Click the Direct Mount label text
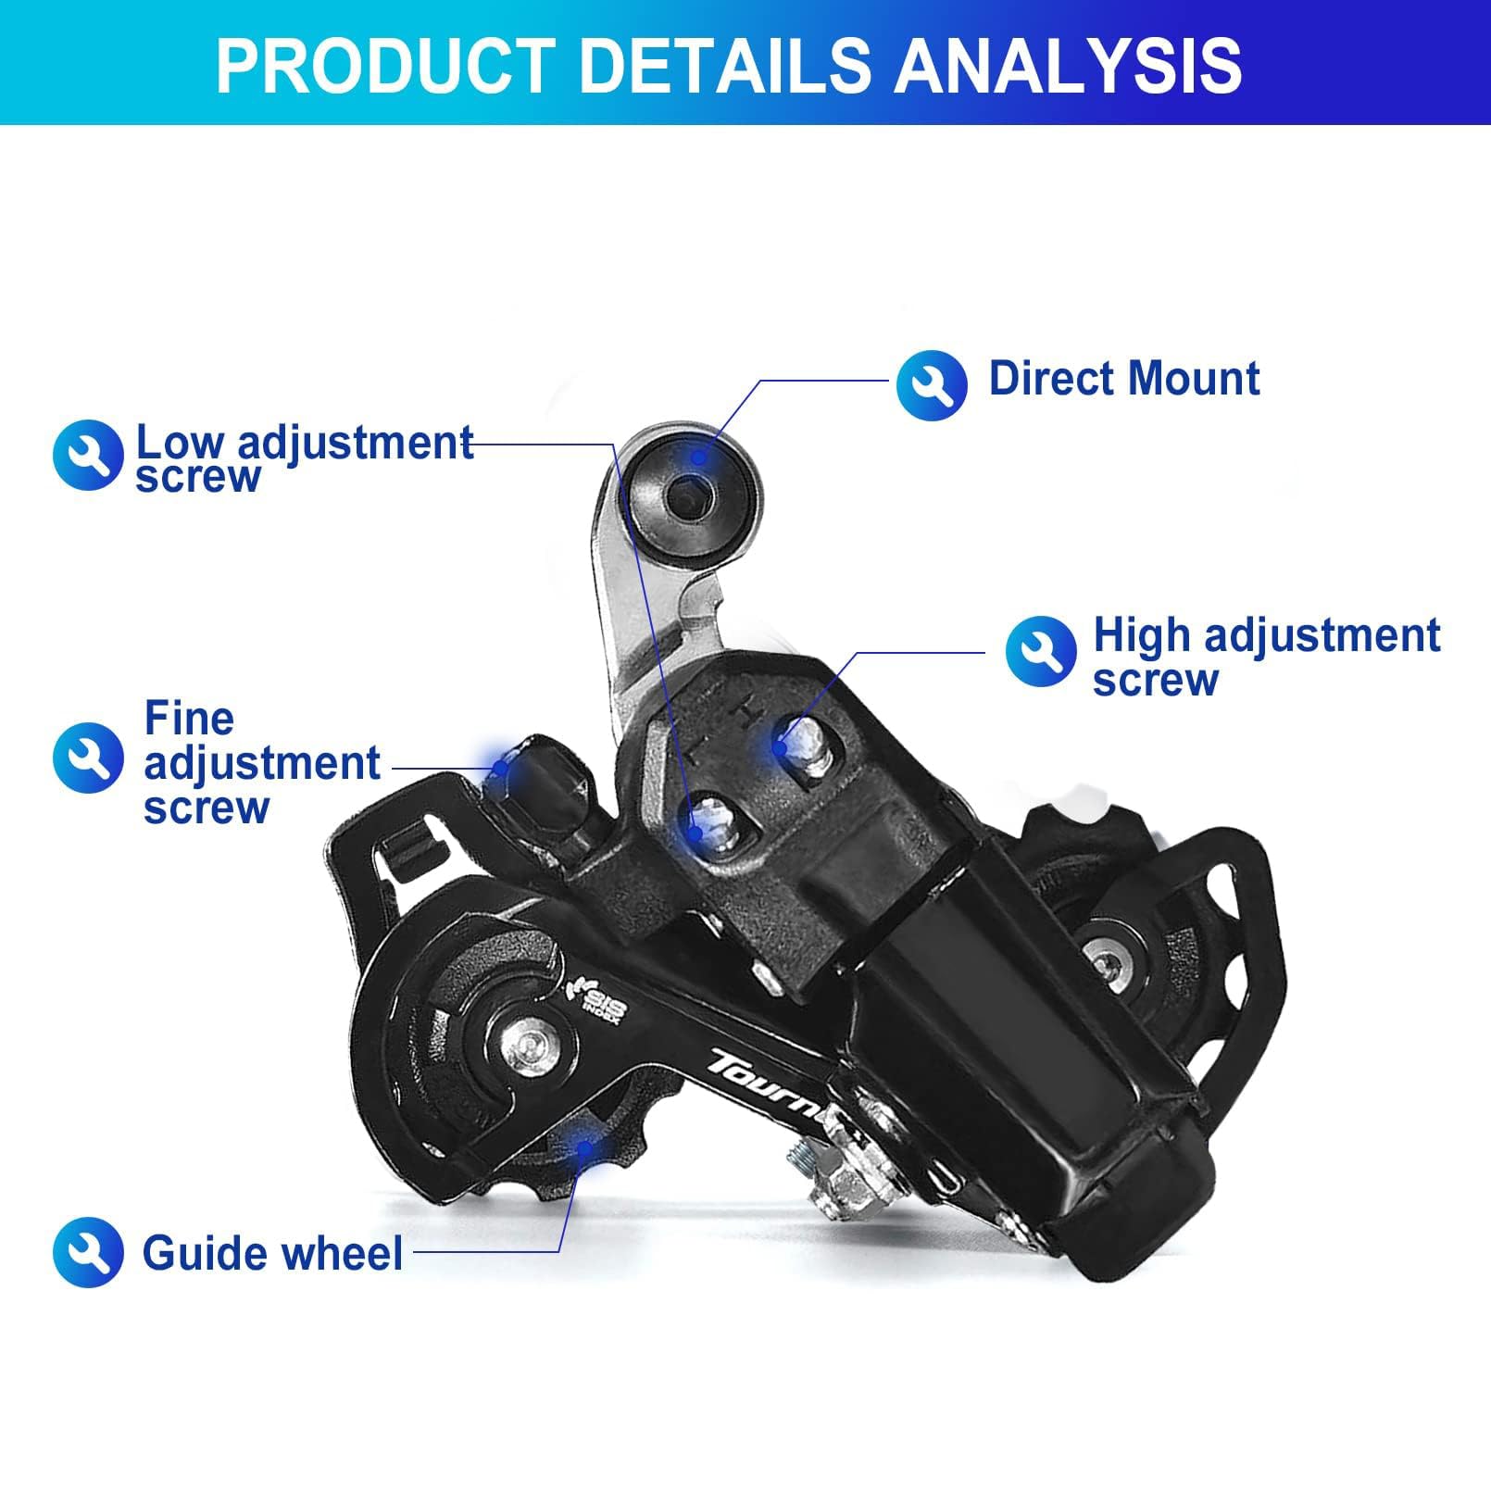(x=1124, y=379)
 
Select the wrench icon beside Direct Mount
(x=932, y=384)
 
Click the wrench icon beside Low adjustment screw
(x=88, y=455)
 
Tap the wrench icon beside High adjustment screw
(x=1041, y=651)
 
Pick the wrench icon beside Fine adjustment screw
(x=88, y=758)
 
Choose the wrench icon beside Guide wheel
(x=88, y=1252)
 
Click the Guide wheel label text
(x=272, y=1253)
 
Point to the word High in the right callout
(x=1141, y=636)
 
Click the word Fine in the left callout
(x=189, y=719)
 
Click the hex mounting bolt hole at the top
(x=690, y=498)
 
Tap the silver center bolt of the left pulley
(x=528, y=1046)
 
